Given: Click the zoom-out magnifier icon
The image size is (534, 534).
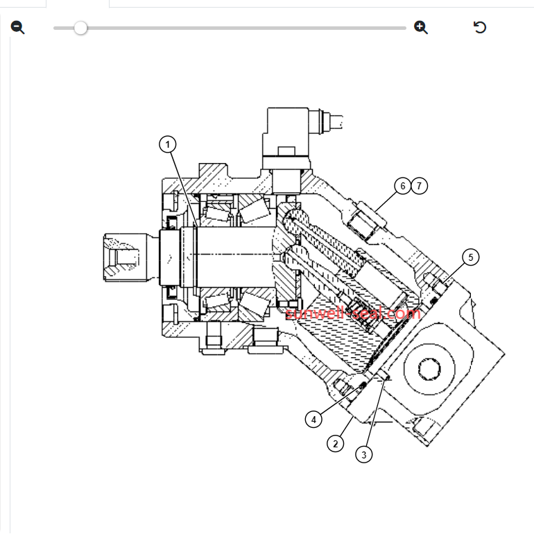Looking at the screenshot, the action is [x=17, y=27].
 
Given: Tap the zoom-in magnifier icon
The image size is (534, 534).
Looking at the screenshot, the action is [x=420, y=27].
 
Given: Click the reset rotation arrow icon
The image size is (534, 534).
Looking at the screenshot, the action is [x=480, y=27].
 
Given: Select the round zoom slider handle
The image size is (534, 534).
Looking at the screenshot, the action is [x=80, y=28].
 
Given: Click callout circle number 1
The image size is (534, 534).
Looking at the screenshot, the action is [x=168, y=144].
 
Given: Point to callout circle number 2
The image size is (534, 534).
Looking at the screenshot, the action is [x=336, y=444].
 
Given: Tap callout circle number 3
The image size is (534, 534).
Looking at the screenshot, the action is [x=363, y=455].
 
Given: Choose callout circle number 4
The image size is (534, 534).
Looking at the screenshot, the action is [x=313, y=420].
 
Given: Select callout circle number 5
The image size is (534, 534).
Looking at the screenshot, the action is [x=471, y=257].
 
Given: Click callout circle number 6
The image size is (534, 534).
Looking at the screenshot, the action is [x=403, y=186].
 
